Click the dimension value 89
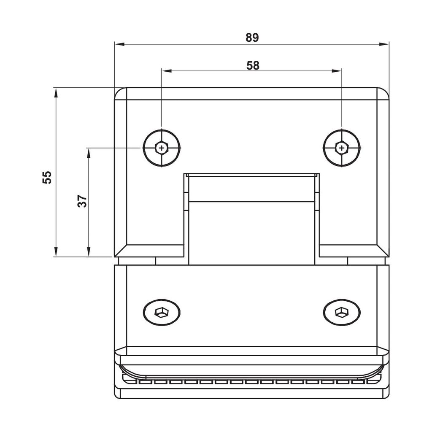point(252,38)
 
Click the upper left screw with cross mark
point(162,148)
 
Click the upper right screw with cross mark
point(342,148)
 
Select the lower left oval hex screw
point(162,312)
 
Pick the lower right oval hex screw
point(342,312)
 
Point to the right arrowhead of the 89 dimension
point(384,44)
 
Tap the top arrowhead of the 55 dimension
point(55,92)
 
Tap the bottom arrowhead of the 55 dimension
point(55,252)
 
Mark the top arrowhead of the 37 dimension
point(88,153)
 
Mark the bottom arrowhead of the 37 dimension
point(88,252)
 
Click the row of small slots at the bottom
point(251,382)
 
